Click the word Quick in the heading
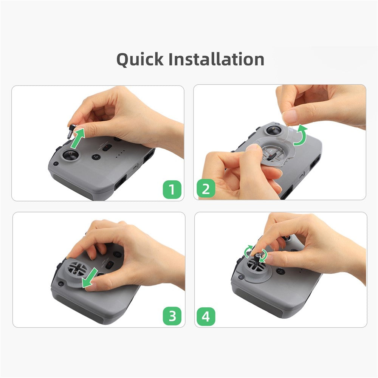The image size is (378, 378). click(x=140, y=60)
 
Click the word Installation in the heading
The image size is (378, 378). click(x=216, y=59)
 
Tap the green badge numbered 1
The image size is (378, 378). click(x=172, y=189)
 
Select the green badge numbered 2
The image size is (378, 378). click(x=206, y=188)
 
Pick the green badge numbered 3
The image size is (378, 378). click(x=172, y=316)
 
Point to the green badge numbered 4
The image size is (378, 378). click(x=206, y=316)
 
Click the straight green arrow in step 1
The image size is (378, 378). click(x=78, y=138)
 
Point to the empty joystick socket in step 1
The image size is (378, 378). click(x=70, y=155)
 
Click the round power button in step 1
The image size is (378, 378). click(x=96, y=157)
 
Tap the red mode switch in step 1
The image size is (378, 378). click(x=107, y=147)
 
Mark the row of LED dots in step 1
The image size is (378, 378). click(x=120, y=154)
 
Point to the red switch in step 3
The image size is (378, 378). click(x=110, y=265)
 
